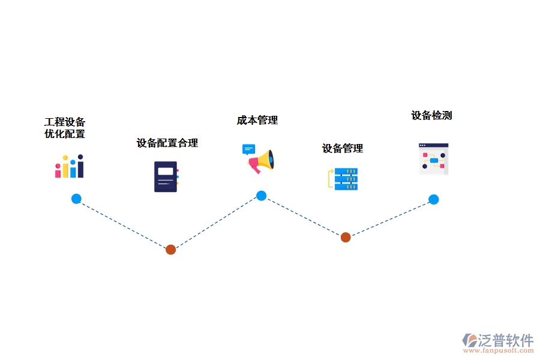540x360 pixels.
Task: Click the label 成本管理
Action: click(257, 120)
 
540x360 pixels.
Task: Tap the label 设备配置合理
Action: click(167, 143)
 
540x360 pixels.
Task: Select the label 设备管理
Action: click(343, 148)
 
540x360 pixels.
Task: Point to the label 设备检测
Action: click(431, 115)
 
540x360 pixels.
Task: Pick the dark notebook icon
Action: click(166, 176)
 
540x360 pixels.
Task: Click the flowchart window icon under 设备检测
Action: click(433, 159)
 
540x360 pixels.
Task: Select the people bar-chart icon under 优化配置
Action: click(69, 166)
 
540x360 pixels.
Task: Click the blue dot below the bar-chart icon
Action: click(76, 199)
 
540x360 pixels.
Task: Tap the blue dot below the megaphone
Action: click(262, 195)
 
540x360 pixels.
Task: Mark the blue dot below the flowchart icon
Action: click(433, 199)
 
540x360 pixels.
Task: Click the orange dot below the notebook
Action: click(170, 249)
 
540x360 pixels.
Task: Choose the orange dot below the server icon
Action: click(346, 237)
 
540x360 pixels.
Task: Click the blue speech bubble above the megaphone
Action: click(248, 149)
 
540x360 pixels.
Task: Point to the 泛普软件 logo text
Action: click(505, 340)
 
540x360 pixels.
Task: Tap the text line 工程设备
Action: click(65, 122)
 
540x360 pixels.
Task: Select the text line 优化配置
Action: click(65, 134)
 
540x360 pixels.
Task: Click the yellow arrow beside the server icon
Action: click(330, 179)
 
